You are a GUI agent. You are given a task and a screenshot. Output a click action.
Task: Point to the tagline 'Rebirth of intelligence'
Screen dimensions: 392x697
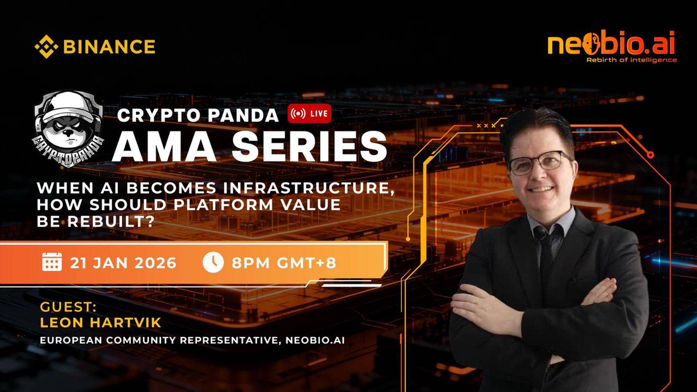(x=631, y=60)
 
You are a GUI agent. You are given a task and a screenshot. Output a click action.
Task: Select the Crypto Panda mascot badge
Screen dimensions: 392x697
(x=69, y=124)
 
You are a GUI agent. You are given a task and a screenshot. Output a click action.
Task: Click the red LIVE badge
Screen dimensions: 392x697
(x=310, y=114)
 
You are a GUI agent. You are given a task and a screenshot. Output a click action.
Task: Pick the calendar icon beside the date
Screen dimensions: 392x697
(x=52, y=262)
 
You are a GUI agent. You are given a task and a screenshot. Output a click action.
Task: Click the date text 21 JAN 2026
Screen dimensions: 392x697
(x=123, y=262)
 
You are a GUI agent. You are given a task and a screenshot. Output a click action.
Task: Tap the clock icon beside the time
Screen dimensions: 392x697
(x=213, y=262)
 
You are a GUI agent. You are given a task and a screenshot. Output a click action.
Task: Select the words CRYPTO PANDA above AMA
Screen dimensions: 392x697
(x=198, y=115)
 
